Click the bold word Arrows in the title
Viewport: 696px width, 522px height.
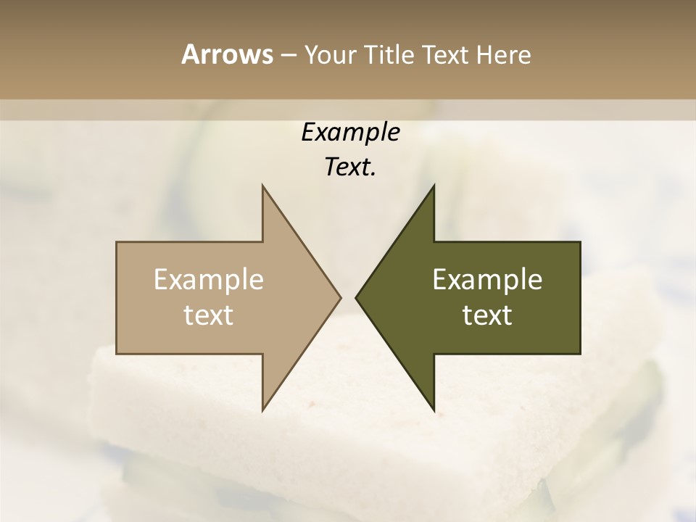(x=226, y=54)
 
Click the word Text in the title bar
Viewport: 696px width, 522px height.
(x=446, y=55)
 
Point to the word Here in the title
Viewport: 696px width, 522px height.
(x=504, y=55)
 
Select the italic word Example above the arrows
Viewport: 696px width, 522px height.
(x=350, y=133)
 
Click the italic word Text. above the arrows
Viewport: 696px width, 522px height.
(x=350, y=167)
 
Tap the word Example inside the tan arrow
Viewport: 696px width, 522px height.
(x=209, y=280)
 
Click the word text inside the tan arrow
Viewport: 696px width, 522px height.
(x=209, y=315)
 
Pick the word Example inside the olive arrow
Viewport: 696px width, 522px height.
(x=487, y=280)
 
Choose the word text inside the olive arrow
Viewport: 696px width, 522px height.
(x=487, y=315)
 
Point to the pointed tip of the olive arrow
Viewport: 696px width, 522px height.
(x=357, y=297)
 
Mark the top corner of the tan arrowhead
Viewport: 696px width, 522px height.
(x=263, y=186)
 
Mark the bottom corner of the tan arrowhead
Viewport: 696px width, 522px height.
(x=263, y=410)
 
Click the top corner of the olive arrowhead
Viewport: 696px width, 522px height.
(x=434, y=186)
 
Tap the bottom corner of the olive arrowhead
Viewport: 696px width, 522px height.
(x=434, y=410)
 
